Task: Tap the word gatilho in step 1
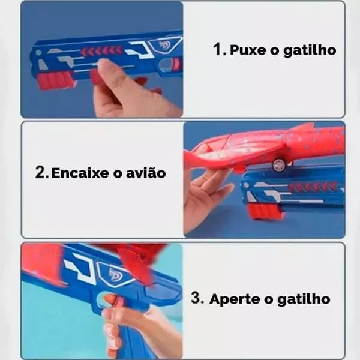pos(310,50)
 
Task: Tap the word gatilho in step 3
pos(304,299)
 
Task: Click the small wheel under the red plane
pos(278,164)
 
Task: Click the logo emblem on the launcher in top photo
pos(165,46)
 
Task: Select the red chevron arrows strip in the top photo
pos(102,50)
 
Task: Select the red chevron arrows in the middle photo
pos(313,187)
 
